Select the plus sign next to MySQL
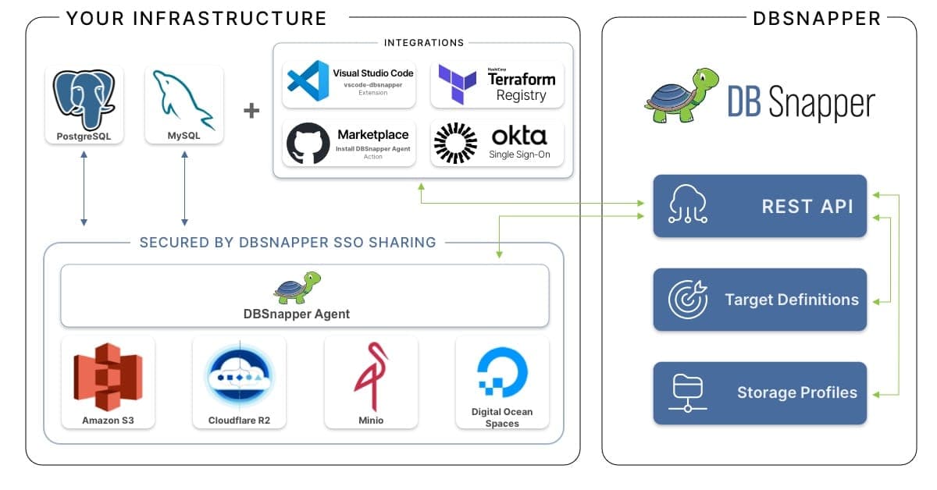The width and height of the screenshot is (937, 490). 251,111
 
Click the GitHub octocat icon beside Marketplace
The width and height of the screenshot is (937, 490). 308,144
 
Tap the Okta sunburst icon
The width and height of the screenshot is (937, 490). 455,144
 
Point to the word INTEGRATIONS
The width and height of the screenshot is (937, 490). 423,43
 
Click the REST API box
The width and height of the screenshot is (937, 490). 760,206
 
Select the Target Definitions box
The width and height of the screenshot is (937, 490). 760,300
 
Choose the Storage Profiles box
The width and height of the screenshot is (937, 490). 760,392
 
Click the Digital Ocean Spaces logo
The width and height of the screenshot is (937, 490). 502,374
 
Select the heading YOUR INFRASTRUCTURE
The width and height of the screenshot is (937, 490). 196,18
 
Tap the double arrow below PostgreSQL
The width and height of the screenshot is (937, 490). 84,190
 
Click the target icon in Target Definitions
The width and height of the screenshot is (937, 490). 687,300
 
